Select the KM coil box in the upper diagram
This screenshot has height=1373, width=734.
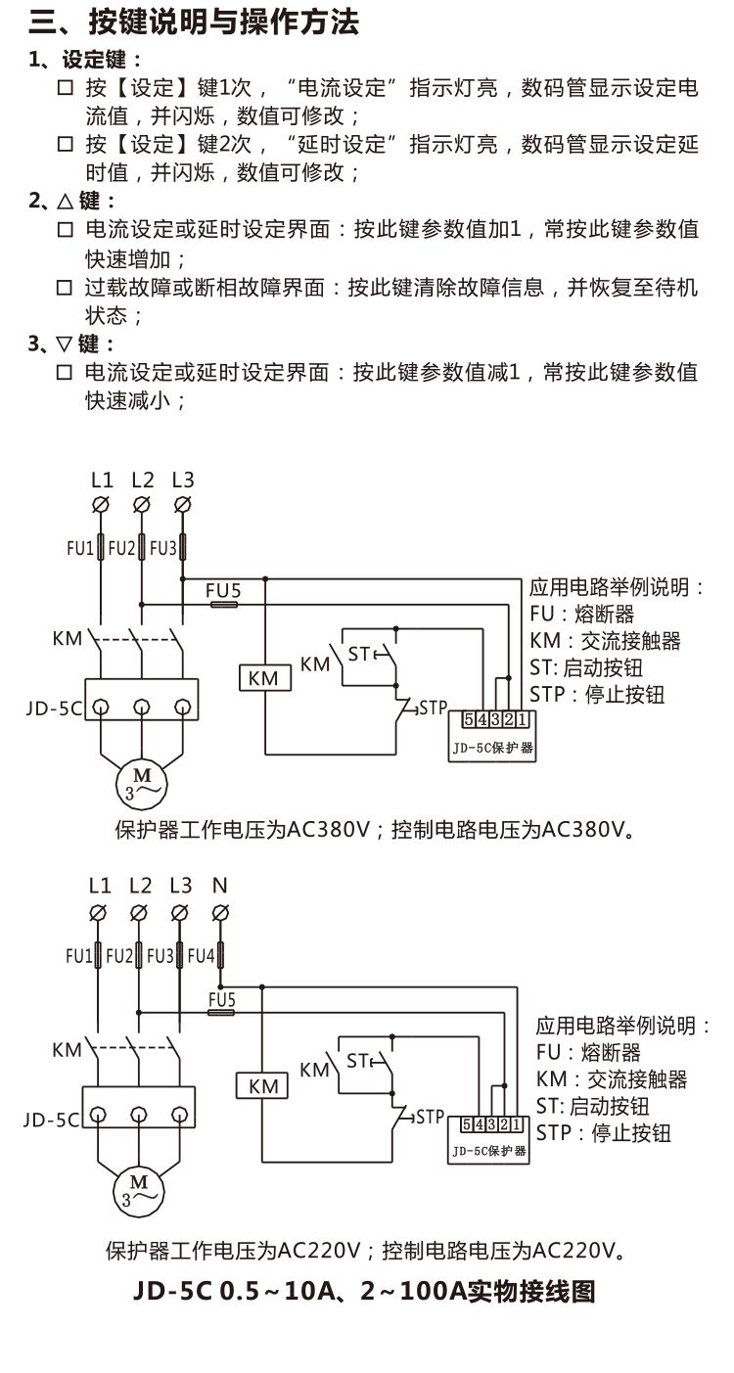tap(264, 678)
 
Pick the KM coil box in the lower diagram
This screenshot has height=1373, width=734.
tap(262, 1086)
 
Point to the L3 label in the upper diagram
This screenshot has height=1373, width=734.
tap(182, 480)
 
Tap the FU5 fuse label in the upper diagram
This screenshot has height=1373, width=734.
tap(223, 590)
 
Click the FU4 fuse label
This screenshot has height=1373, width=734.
tap(201, 954)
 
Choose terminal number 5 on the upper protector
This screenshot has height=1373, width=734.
tap(470, 719)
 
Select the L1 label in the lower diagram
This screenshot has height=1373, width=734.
tap(100, 886)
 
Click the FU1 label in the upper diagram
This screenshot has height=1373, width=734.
tap(80, 548)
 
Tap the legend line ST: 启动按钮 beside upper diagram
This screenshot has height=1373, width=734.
tap(586, 668)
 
